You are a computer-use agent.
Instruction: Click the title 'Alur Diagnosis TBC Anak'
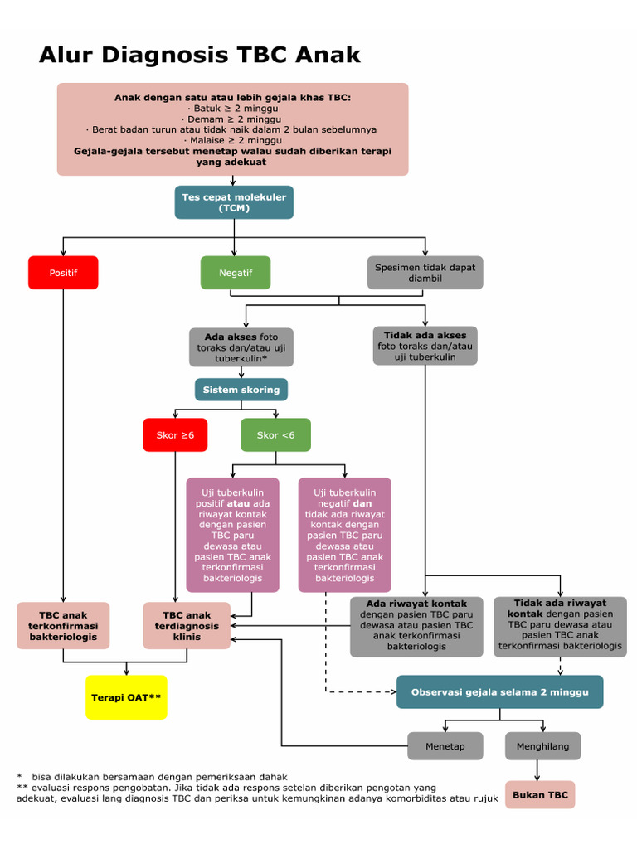[x=200, y=55]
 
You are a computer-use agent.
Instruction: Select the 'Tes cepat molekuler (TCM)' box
[x=234, y=202]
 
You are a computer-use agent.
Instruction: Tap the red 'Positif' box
[x=63, y=273]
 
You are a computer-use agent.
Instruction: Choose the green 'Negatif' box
[x=236, y=273]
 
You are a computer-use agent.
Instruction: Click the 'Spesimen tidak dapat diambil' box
[x=425, y=273]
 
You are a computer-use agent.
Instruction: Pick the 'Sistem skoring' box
[x=241, y=390]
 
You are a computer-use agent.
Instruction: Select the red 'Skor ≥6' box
[x=175, y=434]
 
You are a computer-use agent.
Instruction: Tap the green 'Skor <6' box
[x=275, y=434]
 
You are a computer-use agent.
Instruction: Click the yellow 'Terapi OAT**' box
[x=126, y=697]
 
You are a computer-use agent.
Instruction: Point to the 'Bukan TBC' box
[x=540, y=794]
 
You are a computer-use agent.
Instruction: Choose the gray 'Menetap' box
[x=445, y=746]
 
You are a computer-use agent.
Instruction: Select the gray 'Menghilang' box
[x=542, y=746]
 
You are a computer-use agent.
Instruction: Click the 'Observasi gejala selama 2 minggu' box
[x=499, y=691]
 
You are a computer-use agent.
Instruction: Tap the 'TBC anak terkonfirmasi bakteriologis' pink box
[x=63, y=626]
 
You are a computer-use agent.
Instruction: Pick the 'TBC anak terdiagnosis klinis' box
[x=187, y=626]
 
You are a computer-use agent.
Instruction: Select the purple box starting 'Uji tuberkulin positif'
[x=232, y=535]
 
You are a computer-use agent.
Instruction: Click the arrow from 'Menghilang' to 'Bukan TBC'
[x=538, y=770]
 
